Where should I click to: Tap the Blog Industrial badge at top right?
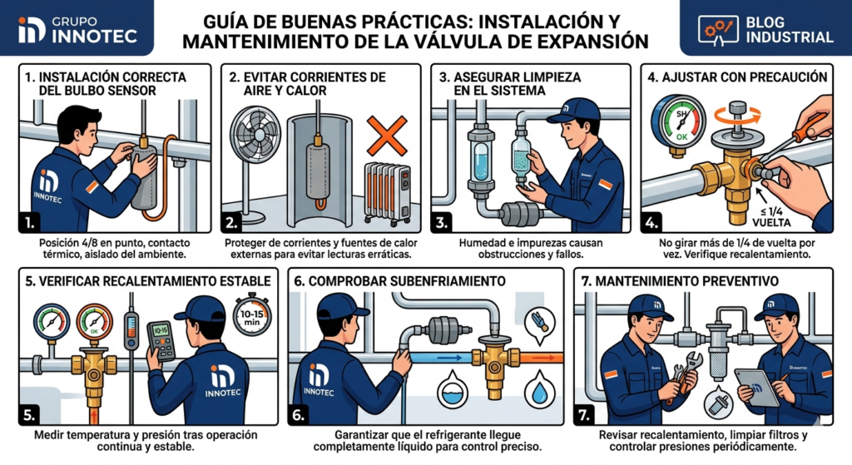coord(765,27)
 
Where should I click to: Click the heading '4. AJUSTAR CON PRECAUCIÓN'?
coord(738,77)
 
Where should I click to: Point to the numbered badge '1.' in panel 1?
coord(30,223)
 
